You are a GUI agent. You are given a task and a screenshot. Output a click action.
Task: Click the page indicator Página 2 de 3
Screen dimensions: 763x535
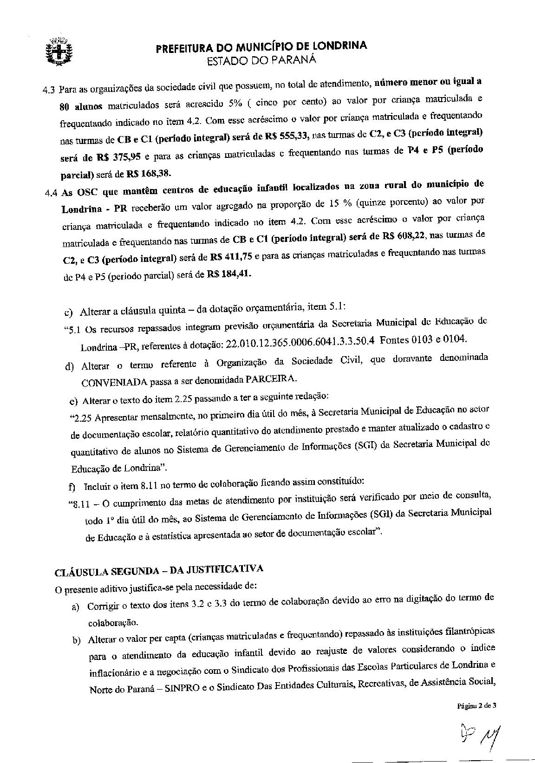point(477,705)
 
